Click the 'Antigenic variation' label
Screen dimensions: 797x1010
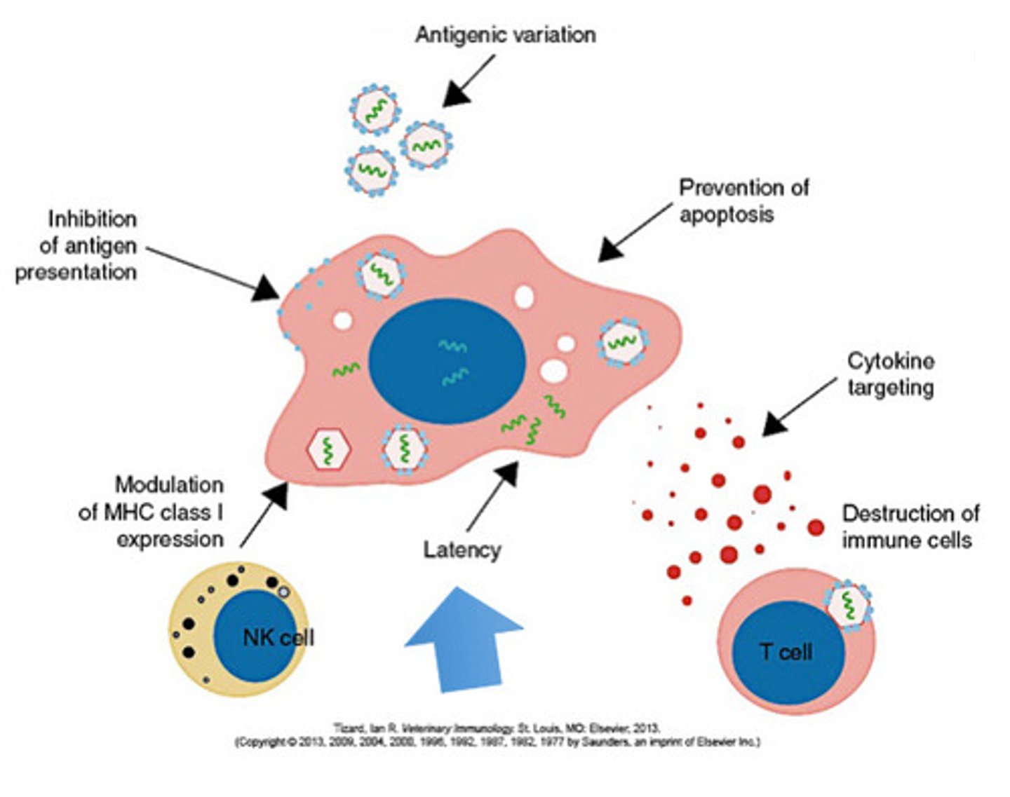[505, 35]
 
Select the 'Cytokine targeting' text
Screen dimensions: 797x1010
[890, 374]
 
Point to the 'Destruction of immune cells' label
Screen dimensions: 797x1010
[910, 527]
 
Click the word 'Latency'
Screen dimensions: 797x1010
[462, 550]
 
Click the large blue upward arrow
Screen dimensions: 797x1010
[464, 641]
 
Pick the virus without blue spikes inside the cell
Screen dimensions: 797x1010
[328, 449]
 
